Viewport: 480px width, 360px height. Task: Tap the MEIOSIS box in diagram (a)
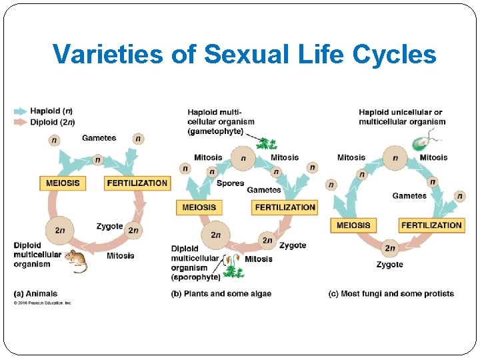(63, 183)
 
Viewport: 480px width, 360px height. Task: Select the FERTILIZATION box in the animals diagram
(137, 183)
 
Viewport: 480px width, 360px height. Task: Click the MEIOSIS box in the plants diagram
(199, 207)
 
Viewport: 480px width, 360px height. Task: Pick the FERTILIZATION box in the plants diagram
(285, 207)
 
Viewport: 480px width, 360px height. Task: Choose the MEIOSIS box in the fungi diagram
(353, 225)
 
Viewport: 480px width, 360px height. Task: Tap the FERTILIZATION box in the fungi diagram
(431, 225)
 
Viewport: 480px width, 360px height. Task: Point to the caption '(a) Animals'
(36, 293)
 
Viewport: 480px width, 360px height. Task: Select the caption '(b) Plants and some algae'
(221, 293)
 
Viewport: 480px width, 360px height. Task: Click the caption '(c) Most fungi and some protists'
(391, 293)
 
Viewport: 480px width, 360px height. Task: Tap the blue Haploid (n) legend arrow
(21, 111)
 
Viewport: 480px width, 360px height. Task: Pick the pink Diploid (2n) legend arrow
(21, 121)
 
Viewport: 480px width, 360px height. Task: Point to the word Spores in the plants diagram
(230, 183)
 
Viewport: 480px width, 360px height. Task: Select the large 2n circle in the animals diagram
(60, 231)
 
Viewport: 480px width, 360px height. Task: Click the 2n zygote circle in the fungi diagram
(390, 249)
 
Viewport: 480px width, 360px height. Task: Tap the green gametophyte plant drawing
(267, 143)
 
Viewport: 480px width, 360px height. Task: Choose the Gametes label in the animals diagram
(99, 138)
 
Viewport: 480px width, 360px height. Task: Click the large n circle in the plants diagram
(243, 159)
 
